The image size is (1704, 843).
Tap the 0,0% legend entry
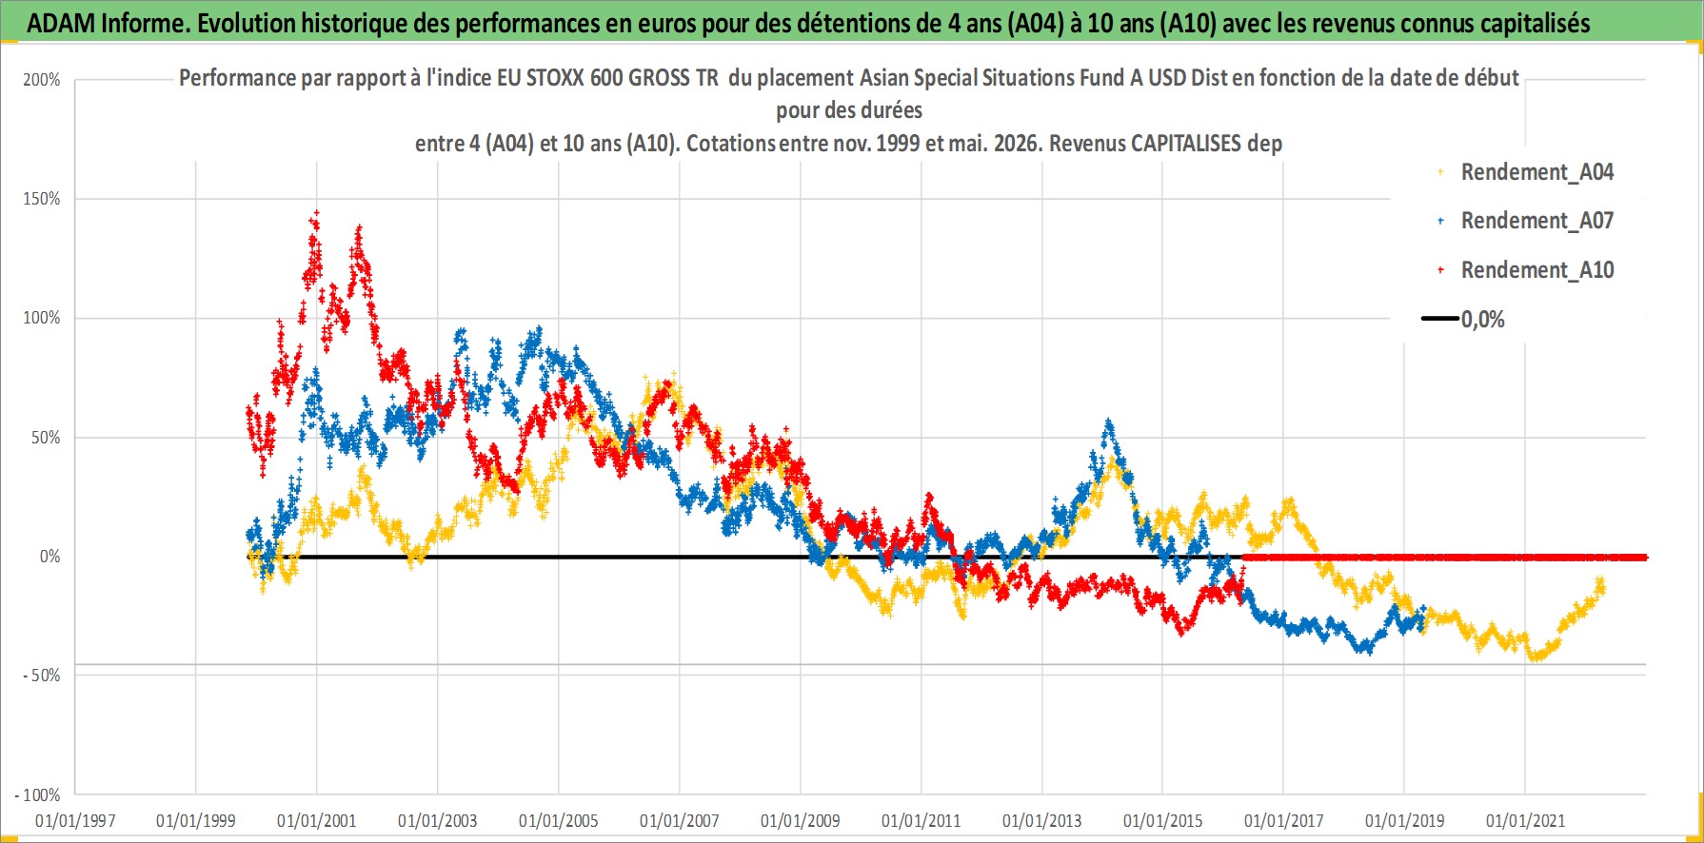click(x=1464, y=320)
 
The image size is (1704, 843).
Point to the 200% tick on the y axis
click(x=42, y=80)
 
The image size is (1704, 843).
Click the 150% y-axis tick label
click(x=42, y=199)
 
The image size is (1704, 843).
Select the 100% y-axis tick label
click(x=42, y=318)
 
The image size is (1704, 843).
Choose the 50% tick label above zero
click(x=46, y=438)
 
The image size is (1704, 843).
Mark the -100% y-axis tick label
click(x=38, y=794)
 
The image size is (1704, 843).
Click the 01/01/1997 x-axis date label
click(x=75, y=820)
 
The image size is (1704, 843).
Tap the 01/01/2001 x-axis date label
click(x=317, y=820)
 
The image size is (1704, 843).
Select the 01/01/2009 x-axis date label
click(x=801, y=820)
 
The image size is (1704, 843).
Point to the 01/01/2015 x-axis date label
click(x=1163, y=820)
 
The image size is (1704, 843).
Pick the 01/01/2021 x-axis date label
click(x=1526, y=820)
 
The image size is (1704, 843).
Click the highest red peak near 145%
click(x=316, y=213)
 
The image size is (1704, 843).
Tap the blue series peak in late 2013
click(x=1107, y=421)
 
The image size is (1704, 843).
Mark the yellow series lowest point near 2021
click(x=1534, y=657)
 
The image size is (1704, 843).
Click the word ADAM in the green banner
click(x=60, y=24)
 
